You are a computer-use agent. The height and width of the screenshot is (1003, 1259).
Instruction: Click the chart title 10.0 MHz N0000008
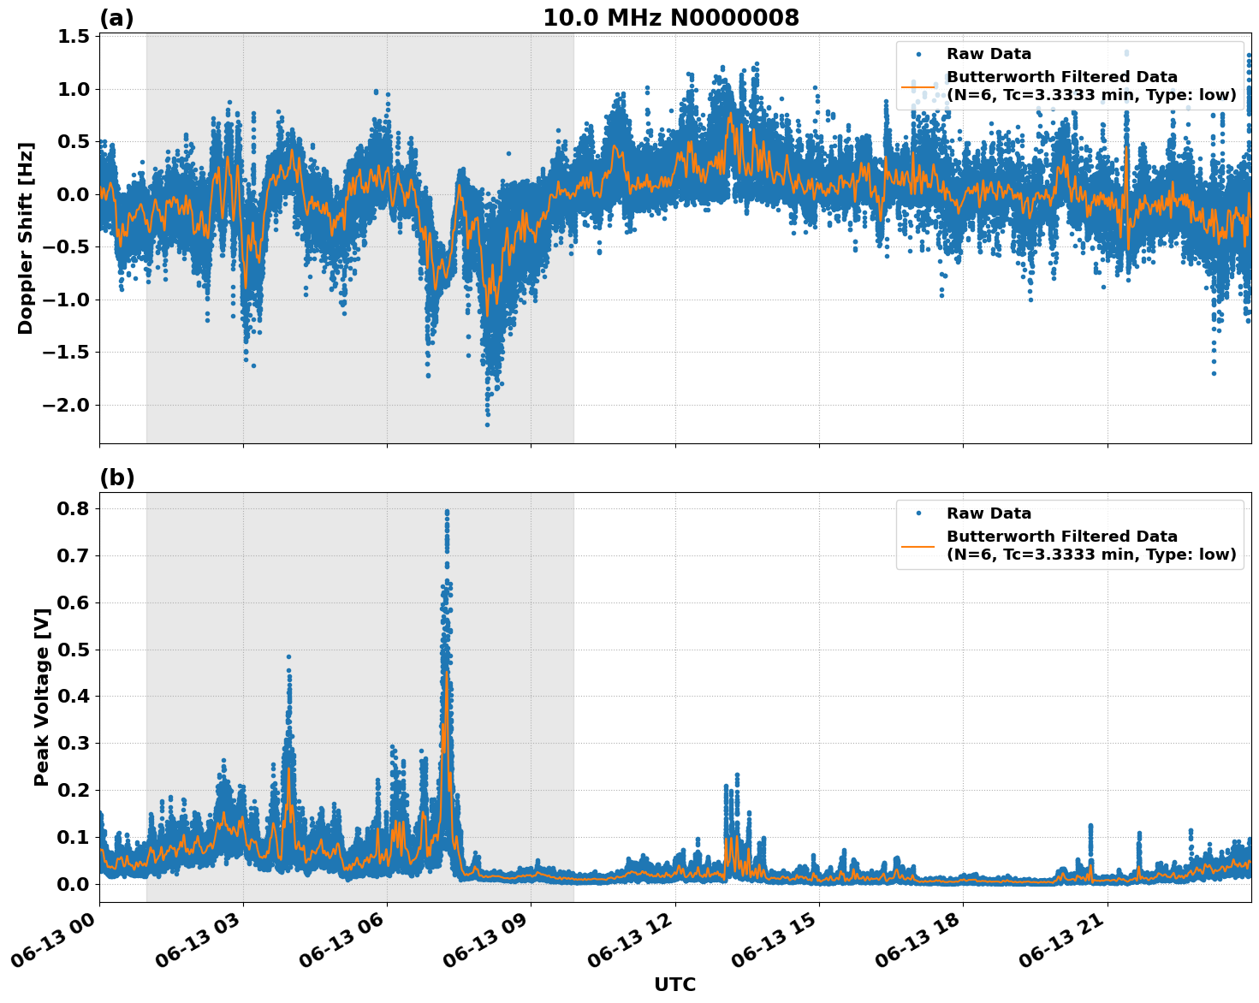click(x=670, y=18)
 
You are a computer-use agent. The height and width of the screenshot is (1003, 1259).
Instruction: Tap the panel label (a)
click(x=116, y=18)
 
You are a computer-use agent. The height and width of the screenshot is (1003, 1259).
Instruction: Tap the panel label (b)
click(x=116, y=478)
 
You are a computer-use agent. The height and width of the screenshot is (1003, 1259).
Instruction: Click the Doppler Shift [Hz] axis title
click(x=26, y=238)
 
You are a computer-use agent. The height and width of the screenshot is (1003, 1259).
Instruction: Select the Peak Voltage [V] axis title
click(x=41, y=697)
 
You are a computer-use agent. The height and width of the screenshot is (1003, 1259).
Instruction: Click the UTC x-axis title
click(x=674, y=984)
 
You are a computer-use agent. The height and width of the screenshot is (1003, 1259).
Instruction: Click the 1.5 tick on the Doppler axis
click(x=74, y=37)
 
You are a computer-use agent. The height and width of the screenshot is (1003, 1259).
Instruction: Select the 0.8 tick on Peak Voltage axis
click(x=74, y=508)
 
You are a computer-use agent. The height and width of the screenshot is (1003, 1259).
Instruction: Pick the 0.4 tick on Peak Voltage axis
click(x=74, y=696)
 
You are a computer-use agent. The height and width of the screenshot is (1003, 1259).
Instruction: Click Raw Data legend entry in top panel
click(x=989, y=54)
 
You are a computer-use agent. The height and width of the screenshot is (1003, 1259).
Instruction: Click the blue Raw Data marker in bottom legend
click(x=918, y=513)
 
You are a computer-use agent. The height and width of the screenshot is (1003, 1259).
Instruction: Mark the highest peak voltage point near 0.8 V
click(x=446, y=512)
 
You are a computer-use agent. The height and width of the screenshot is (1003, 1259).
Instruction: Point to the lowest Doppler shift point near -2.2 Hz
click(x=487, y=424)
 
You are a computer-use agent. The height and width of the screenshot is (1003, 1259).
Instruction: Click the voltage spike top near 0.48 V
click(x=288, y=656)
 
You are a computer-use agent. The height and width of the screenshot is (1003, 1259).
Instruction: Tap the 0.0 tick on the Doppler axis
click(x=74, y=194)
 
